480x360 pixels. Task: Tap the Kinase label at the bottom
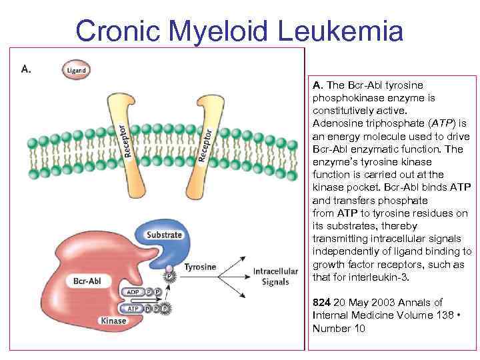click(113, 321)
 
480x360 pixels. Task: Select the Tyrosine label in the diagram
click(200, 267)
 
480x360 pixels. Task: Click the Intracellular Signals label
click(271, 277)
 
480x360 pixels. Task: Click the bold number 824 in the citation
click(322, 303)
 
